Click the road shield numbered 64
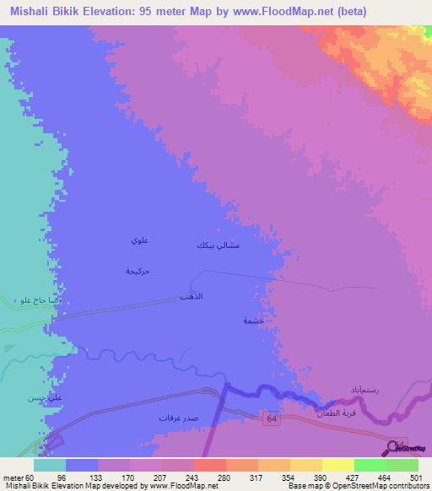tap(271, 419)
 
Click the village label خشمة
tap(254, 321)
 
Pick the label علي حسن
tap(40, 397)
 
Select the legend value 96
tap(61, 478)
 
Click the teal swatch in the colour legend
tap(49, 465)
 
